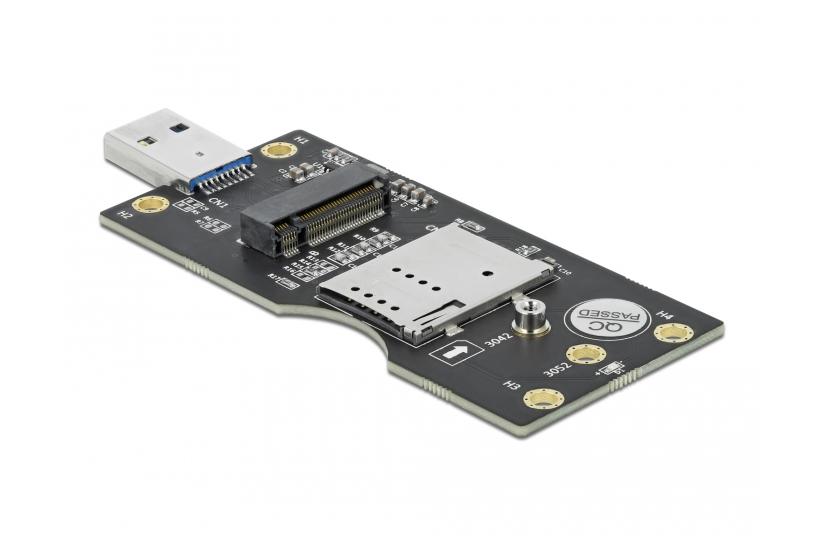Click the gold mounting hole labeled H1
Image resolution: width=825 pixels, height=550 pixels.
275,151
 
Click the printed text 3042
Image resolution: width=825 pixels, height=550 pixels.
497,342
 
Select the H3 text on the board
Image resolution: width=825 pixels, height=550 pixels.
511,383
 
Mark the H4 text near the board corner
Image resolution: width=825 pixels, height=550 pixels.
665,316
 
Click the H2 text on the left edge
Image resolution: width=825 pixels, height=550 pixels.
125,213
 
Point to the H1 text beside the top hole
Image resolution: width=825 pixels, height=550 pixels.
303,138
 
